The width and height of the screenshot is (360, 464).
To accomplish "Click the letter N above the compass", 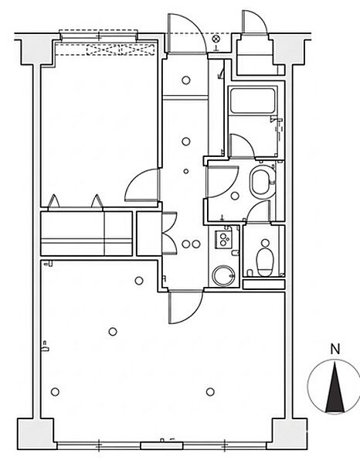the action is (x=335, y=350).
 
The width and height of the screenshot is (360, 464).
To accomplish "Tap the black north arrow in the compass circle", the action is (x=335, y=387).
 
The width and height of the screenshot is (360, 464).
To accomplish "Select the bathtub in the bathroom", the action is (x=253, y=101).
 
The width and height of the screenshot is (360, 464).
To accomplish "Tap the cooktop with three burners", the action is (x=223, y=239).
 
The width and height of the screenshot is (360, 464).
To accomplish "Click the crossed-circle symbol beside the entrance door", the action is (x=216, y=39).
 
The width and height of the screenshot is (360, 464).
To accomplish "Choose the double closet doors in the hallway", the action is (x=170, y=233).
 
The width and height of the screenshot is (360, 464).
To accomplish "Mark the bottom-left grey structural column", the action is (x=36, y=433).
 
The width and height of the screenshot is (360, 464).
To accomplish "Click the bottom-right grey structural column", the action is (x=288, y=433).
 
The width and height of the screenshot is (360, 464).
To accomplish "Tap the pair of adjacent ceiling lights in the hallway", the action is (x=191, y=244).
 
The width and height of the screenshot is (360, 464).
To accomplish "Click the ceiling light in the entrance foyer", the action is (x=186, y=80).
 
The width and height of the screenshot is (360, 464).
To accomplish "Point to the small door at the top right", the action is (x=255, y=23).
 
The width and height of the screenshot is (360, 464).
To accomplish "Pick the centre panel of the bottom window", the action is (x=161, y=445).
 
